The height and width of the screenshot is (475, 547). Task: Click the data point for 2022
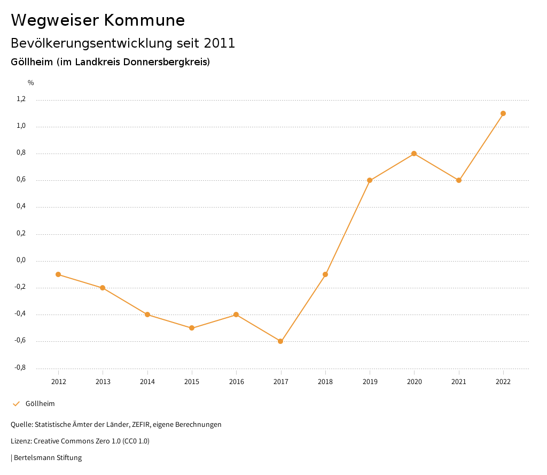pos(503,113)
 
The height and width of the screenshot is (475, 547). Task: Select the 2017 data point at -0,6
pos(280,341)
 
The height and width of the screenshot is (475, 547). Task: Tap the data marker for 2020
pos(414,154)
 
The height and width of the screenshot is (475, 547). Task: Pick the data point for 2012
pos(58,274)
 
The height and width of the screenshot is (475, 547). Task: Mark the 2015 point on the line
pos(192,328)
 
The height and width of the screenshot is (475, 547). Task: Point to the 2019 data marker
pos(370,180)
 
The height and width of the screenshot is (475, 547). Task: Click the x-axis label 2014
pos(147,381)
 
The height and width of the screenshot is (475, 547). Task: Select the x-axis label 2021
pos(459,381)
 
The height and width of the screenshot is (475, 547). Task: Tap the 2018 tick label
pos(325,381)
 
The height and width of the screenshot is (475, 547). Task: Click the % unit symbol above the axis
pos(31,83)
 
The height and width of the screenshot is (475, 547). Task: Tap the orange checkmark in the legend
pos(16,404)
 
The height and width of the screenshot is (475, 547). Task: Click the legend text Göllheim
pos(40,404)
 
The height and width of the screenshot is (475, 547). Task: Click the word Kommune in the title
pos(144,20)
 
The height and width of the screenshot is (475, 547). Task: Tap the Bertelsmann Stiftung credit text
pos(48,458)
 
